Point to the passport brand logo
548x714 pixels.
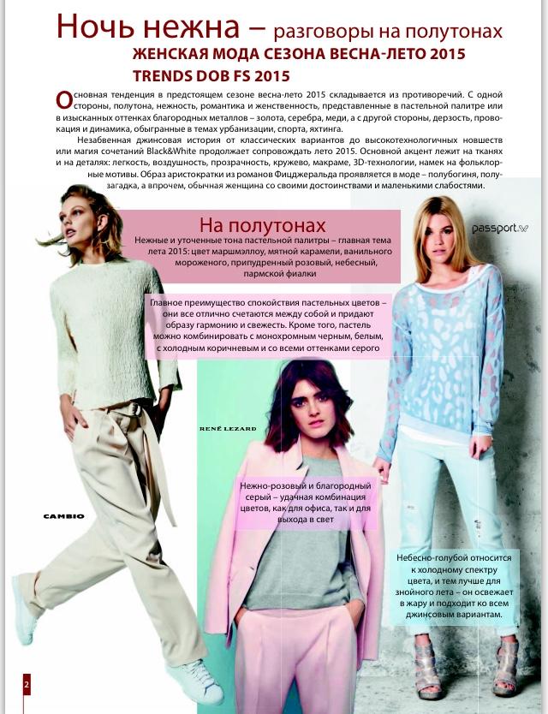point(501,229)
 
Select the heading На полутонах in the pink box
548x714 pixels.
point(262,225)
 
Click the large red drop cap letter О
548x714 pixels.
point(62,98)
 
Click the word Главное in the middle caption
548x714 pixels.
point(171,305)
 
